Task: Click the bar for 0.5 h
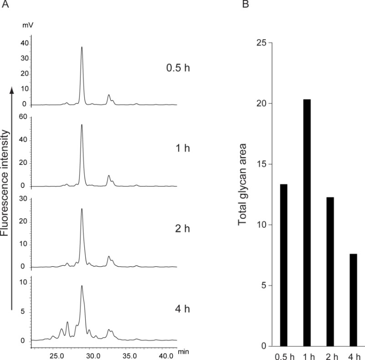coord(283,265)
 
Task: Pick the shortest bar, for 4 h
coord(354,300)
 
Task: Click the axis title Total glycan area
coord(242,195)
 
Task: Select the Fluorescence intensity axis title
coord(5,182)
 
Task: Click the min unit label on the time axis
coord(184,352)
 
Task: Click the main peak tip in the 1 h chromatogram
coord(82,125)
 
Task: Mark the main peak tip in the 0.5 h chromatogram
coord(82,47)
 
